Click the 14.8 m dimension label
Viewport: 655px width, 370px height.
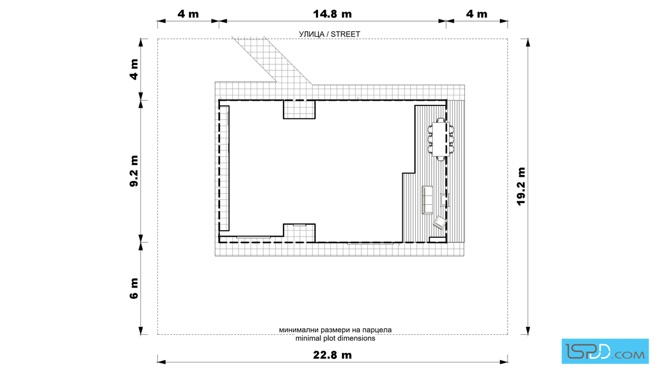332,14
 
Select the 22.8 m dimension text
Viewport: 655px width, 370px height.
332,355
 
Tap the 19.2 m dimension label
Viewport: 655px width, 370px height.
521,186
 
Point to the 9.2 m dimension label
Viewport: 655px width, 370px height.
134,170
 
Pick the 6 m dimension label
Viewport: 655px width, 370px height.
134,289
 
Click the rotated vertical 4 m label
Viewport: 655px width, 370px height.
134,69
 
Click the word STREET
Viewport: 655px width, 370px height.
346,35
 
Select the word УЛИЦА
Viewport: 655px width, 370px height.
311,35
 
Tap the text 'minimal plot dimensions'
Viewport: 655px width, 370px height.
335,338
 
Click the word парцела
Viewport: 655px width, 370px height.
377,330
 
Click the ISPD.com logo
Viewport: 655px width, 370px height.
605,351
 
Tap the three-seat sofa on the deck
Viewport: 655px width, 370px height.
428,200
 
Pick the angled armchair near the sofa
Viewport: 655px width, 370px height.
439,222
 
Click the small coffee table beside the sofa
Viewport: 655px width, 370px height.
444,200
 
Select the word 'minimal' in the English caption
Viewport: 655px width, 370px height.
308,338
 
